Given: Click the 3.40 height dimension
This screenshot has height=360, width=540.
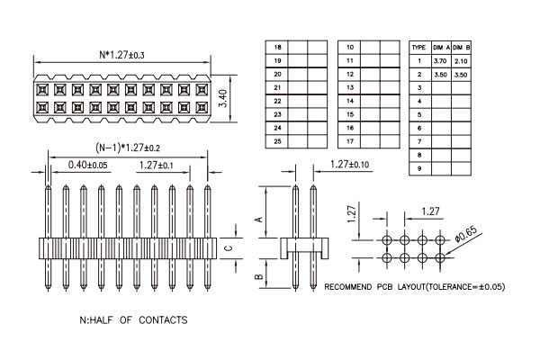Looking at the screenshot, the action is (x=223, y=98).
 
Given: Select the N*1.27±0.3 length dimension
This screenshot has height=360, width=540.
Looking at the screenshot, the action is (x=121, y=54).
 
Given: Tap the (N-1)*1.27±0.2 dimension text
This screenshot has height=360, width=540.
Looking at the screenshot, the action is (x=128, y=148).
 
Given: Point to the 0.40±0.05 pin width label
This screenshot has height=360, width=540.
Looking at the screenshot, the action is (x=88, y=165).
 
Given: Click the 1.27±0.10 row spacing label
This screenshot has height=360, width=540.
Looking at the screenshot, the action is (x=349, y=165).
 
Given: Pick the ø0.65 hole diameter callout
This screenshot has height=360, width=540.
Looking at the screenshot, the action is (x=466, y=234).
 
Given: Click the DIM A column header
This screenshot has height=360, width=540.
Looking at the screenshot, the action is (x=442, y=48).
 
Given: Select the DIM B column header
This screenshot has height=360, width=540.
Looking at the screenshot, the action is (x=461, y=48).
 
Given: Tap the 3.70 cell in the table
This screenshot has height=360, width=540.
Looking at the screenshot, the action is (x=440, y=61).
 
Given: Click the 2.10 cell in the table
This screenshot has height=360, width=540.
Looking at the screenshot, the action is (x=461, y=61).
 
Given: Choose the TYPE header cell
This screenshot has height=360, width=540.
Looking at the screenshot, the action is (x=418, y=48).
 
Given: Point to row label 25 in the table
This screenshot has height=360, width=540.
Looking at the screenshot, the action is (x=277, y=141).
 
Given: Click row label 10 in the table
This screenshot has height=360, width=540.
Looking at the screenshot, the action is (x=350, y=47).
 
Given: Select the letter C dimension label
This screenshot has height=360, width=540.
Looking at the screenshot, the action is (x=229, y=248).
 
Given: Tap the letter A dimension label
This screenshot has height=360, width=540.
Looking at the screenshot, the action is (x=259, y=219).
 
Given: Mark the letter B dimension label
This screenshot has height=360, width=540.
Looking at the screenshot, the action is (x=259, y=276).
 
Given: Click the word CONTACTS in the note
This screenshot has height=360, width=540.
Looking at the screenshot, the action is (x=163, y=320).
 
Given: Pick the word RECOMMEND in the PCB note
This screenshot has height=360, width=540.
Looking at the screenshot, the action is (x=347, y=287).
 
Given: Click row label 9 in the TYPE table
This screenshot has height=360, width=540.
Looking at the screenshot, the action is (x=419, y=168).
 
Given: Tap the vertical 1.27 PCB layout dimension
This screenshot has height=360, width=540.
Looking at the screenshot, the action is (x=352, y=212).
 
